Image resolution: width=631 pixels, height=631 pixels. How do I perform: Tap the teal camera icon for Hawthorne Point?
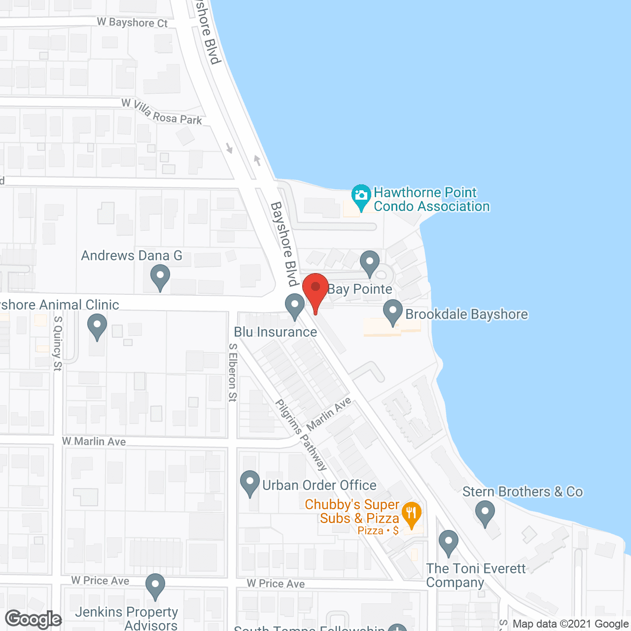tap(361, 196)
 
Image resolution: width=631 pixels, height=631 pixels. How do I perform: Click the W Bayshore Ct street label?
tap(132, 22)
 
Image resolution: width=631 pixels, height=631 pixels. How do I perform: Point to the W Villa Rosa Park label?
tap(162, 111)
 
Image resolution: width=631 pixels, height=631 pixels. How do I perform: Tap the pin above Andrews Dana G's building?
tap(160, 277)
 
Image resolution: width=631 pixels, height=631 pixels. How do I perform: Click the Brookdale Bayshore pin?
tap(393, 312)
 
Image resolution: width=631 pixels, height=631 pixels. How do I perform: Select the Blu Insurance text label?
tap(276, 332)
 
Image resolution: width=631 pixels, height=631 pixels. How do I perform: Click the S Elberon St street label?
tap(233, 372)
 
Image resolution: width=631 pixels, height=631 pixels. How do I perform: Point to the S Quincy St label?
tap(58, 343)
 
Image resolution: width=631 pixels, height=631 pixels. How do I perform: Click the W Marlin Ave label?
tap(94, 441)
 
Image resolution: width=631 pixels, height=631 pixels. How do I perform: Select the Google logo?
tap(34, 619)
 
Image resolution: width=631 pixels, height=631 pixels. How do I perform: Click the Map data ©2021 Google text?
tap(570, 624)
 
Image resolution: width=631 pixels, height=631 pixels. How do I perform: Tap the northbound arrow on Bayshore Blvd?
tap(257, 160)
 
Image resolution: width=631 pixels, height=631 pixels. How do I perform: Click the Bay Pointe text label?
tap(360, 289)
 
